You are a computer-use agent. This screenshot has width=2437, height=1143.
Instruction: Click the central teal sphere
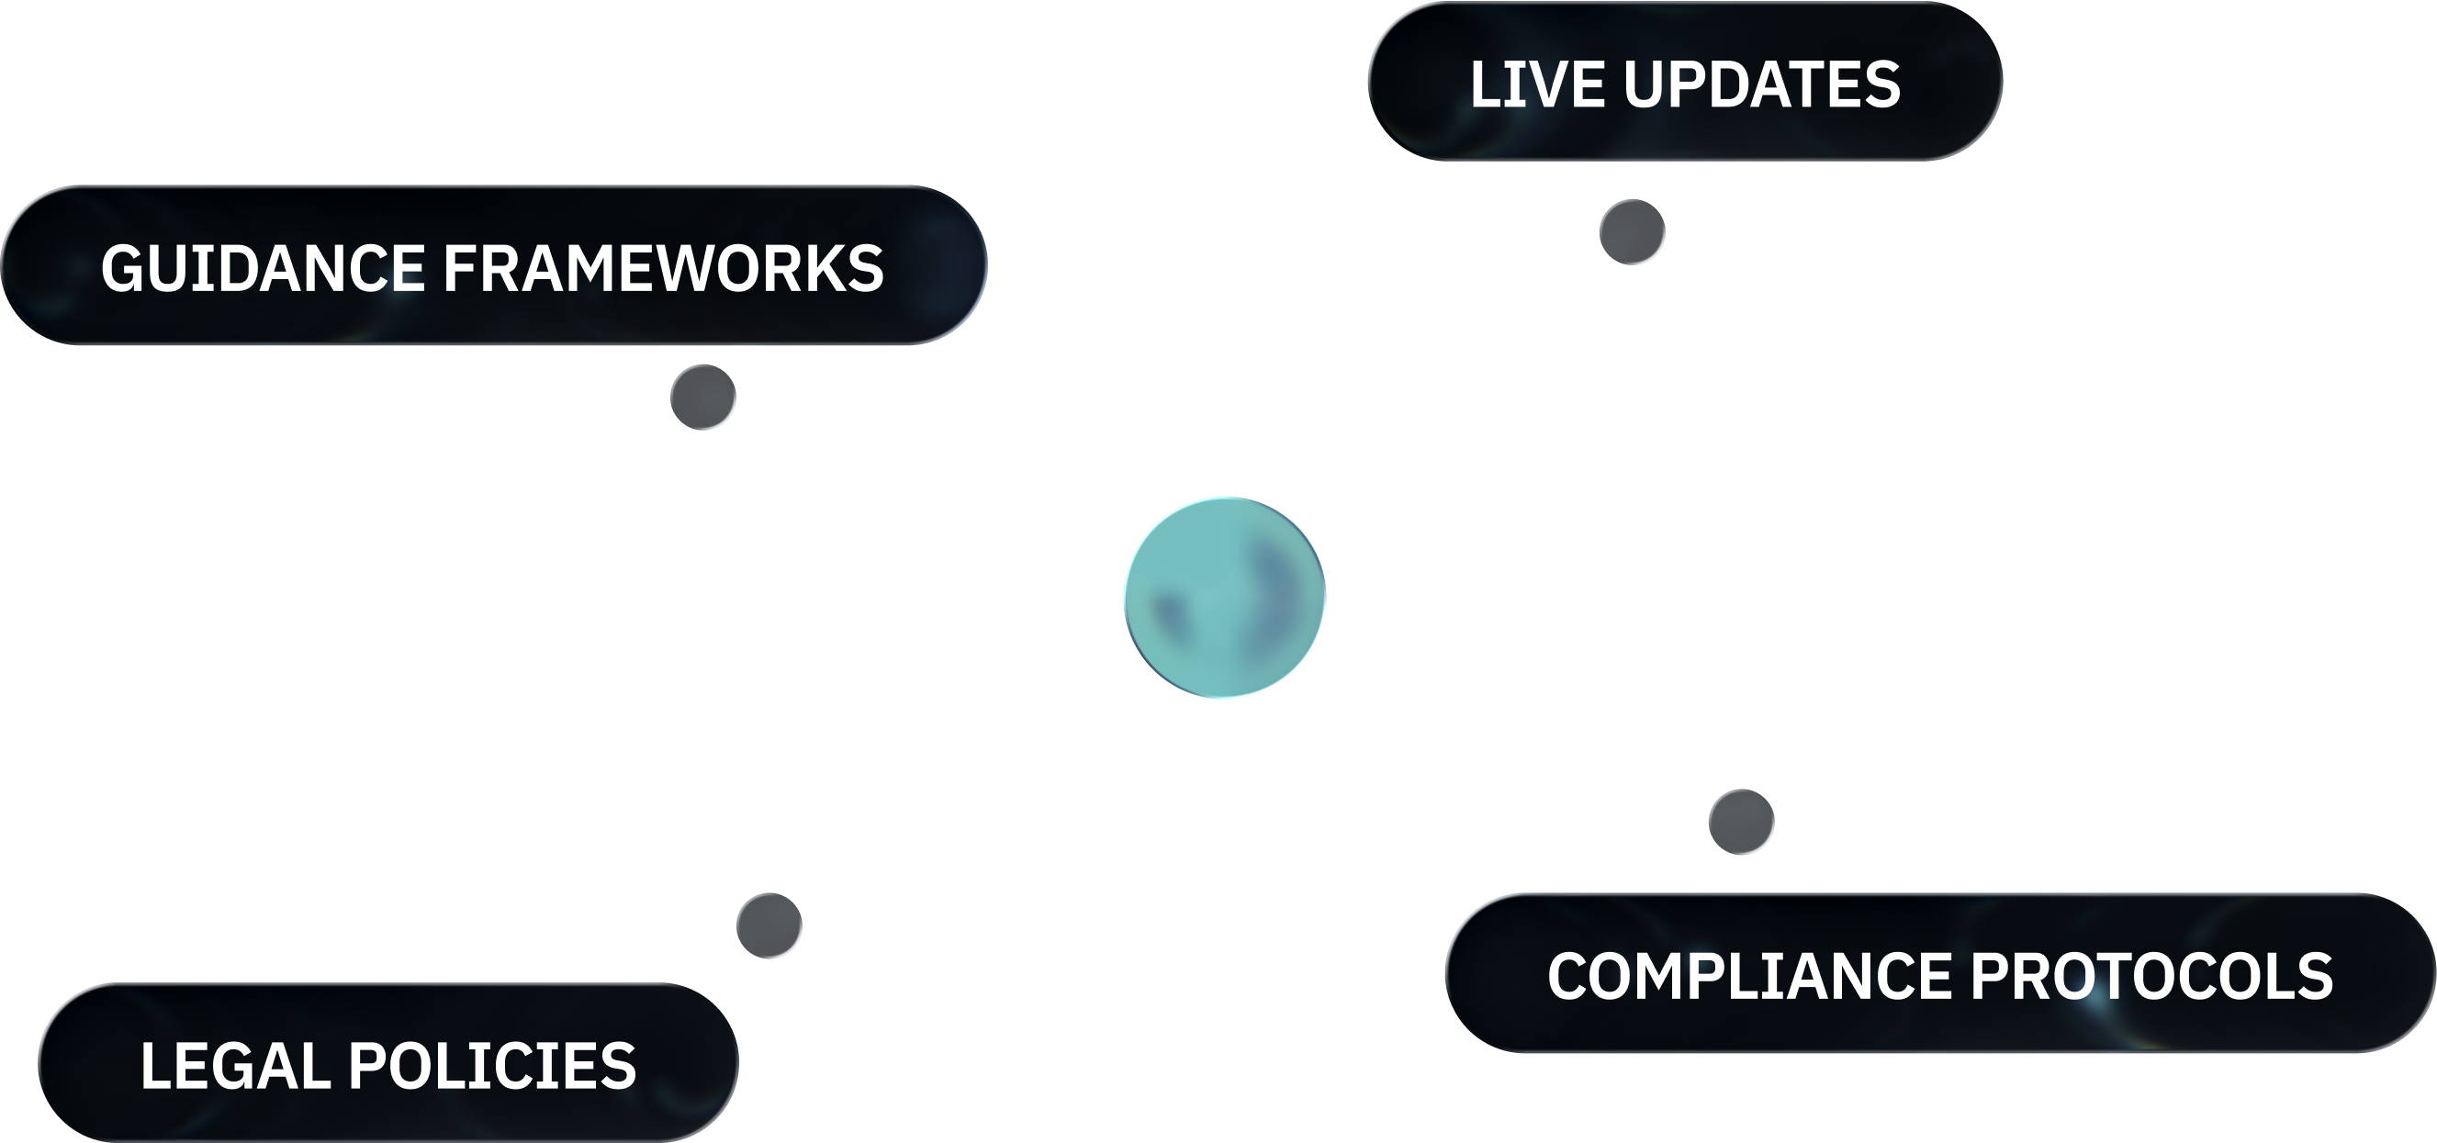tap(1224, 598)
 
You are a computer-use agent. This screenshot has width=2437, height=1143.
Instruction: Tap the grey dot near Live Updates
tap(1632, 232)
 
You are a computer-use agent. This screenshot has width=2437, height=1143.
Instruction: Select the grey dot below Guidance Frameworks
tap(702, 397)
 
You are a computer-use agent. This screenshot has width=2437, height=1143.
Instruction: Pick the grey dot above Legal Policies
tap(769, 924)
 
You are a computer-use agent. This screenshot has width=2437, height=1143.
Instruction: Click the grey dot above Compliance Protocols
tap(1741, 822)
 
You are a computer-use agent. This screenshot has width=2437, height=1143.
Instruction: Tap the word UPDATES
tap(1761, 84)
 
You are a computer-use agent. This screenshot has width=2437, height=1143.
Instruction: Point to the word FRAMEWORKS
tap(663, 268)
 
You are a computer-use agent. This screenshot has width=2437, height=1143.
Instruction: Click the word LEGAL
tap(237, 1065)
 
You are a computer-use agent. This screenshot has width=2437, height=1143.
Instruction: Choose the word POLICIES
tap(493, 1065)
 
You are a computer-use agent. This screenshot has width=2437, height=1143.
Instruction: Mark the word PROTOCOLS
tap(2152, 976)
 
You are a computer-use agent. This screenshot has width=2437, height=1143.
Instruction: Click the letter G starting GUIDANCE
tap(119, 268)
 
